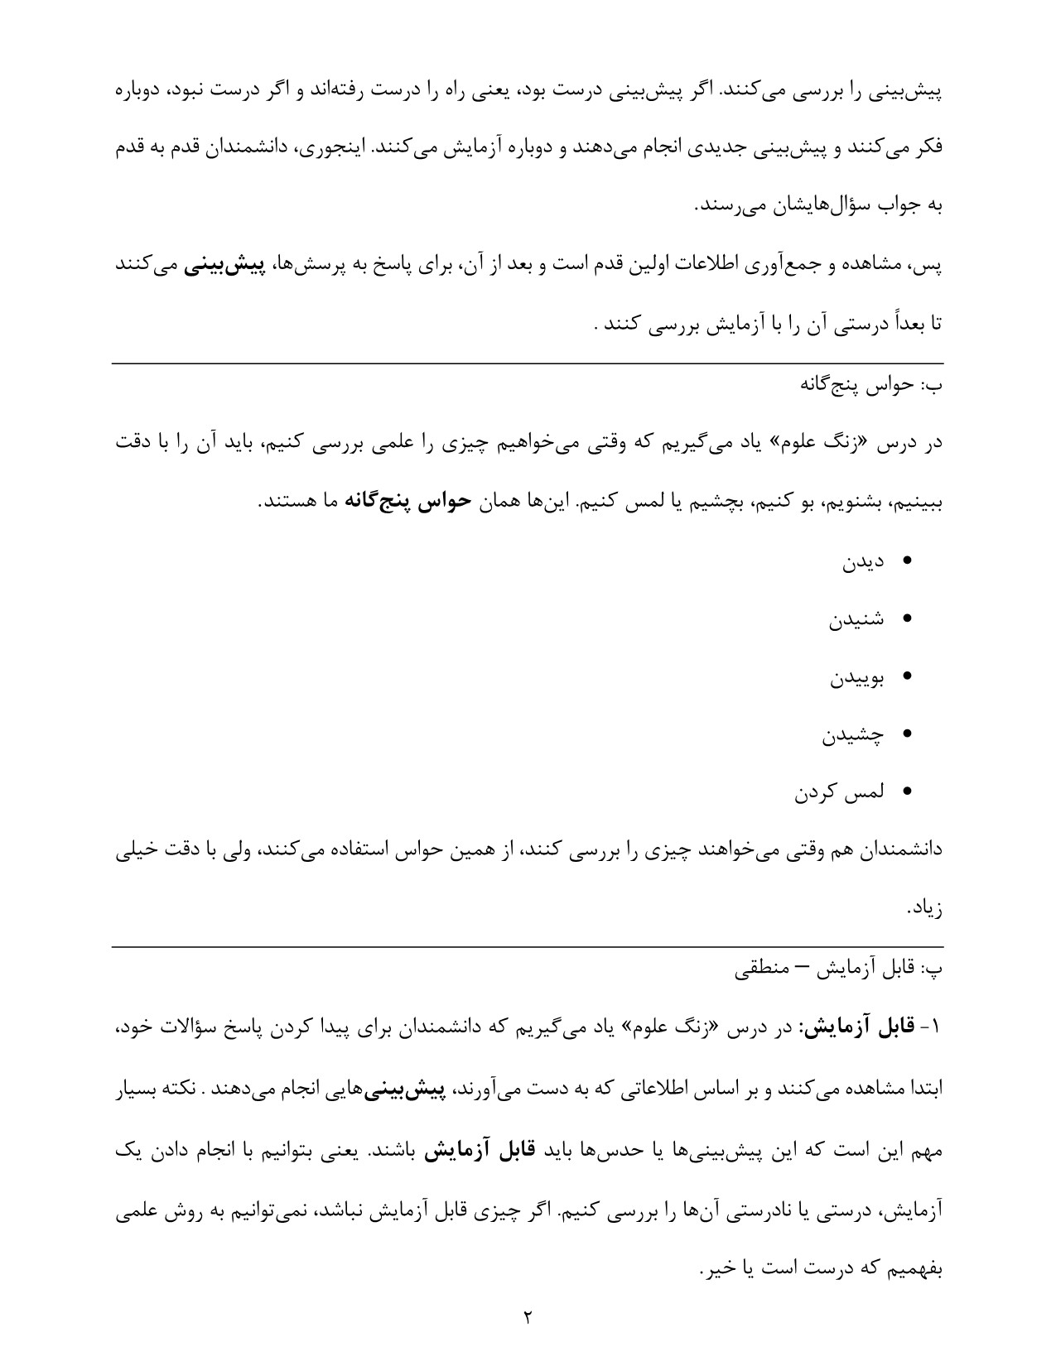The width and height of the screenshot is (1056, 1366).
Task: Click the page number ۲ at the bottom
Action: click(x=527, y=1316)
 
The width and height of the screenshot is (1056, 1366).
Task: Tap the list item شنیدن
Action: click(x=856, y=620)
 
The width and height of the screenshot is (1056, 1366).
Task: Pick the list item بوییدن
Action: click(x=857, y=678)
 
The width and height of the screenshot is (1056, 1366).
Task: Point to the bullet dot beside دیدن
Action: click(x=905, y=561)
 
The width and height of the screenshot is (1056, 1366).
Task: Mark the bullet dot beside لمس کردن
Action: click(x=905, y=792)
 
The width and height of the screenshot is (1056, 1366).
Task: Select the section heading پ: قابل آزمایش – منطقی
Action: click(x=838, y=969)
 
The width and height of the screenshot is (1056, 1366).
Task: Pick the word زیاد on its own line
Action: click(x=924, y=908)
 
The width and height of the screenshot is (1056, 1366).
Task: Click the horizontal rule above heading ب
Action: click(x=527, y=363)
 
